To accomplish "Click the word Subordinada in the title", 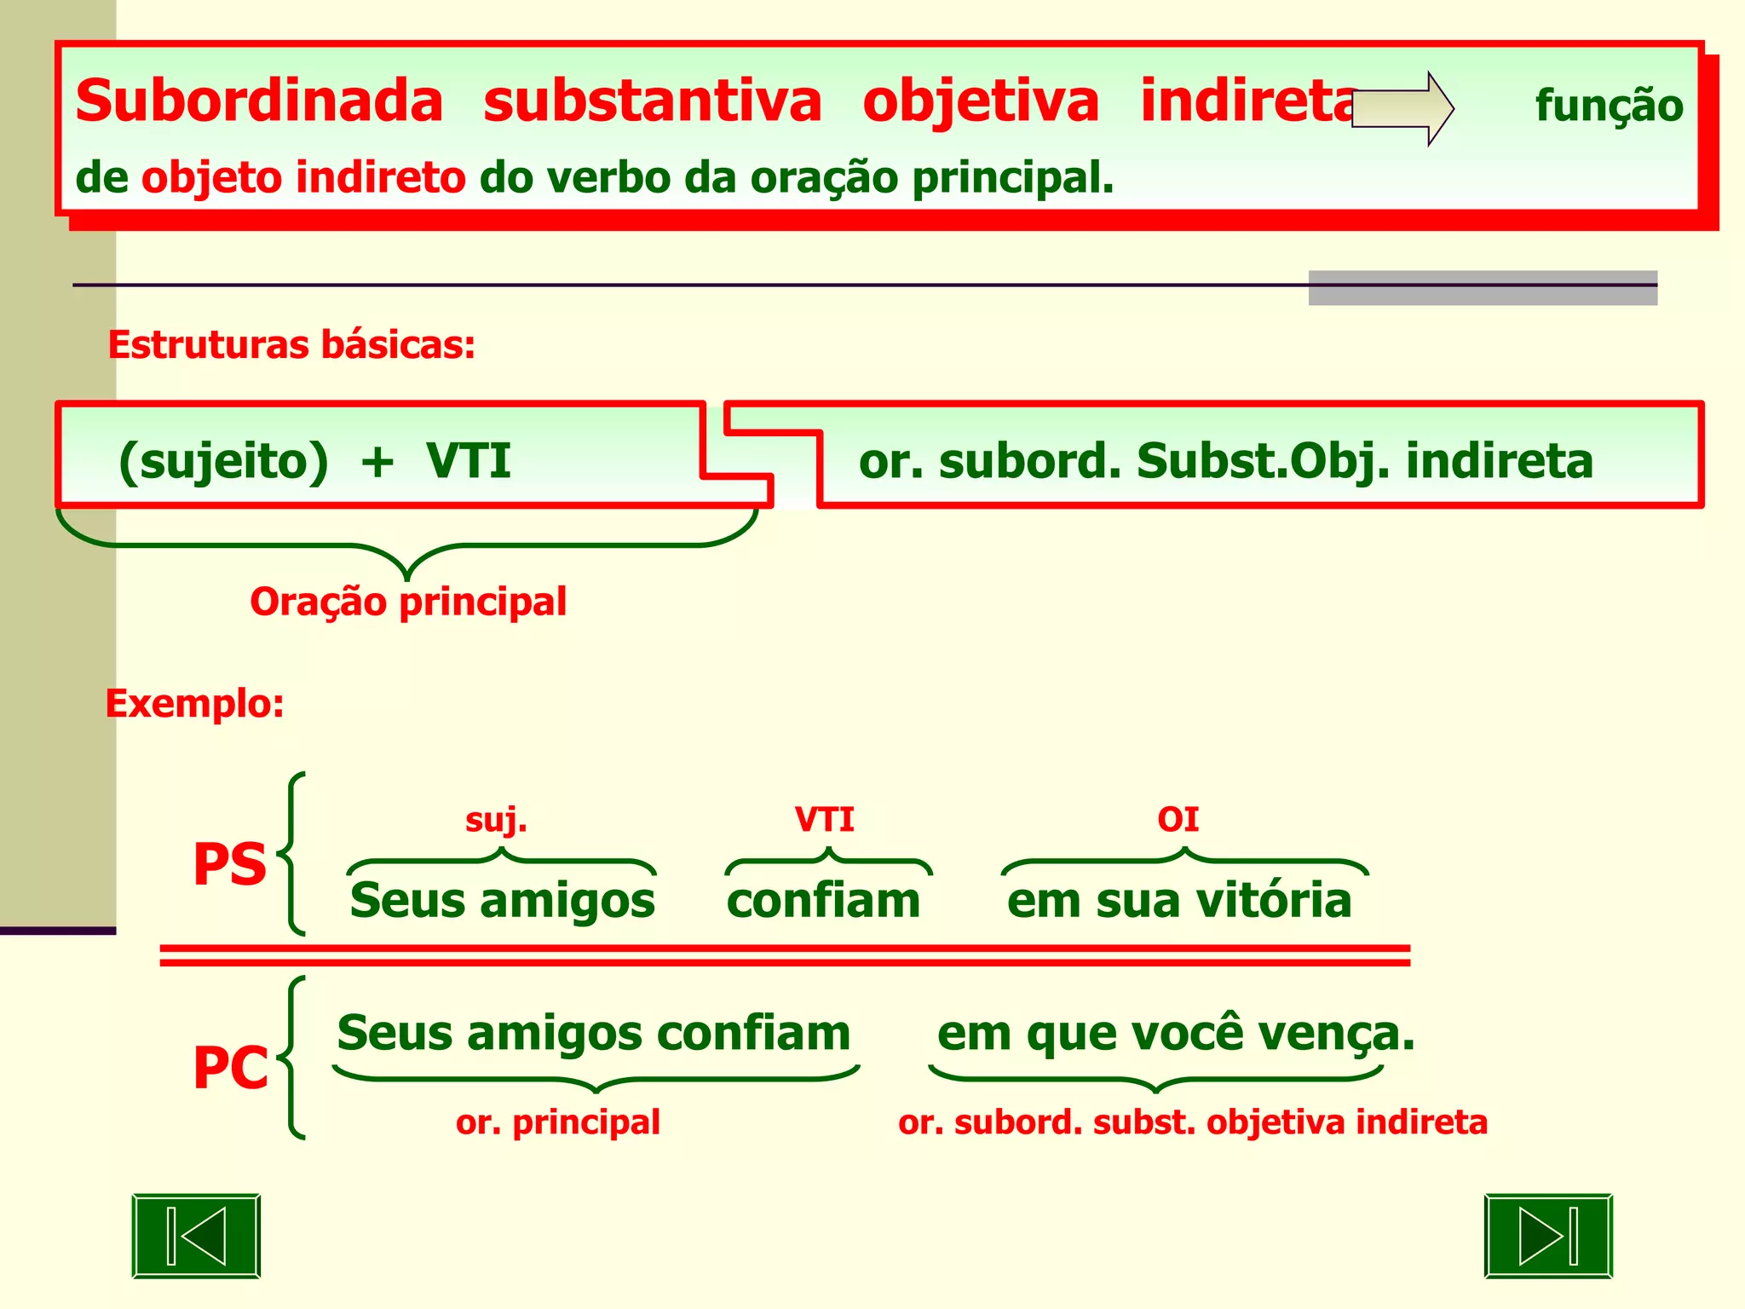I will click(259, 101).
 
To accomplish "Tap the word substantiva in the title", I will click(652, 101).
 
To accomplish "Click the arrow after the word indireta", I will click(1402, 108).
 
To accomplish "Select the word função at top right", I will click(1609, 107).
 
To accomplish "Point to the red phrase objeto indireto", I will click(303, 178).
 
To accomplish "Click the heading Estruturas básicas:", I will click(291, 345).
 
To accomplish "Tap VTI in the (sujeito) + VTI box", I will click(469, 461).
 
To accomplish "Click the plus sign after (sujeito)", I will click(377, 463).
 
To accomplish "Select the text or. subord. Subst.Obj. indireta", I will click(1225, 461).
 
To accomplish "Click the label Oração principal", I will click(408, 602).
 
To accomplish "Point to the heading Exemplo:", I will click(194, 704).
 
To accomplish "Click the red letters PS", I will click(230, 865).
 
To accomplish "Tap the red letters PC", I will click(230, 1068).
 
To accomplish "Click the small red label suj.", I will click(496, 820).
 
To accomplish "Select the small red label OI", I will click(1178, 820).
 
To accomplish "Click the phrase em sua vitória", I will click(1179, 901).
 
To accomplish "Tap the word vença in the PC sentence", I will click(1327, 1035).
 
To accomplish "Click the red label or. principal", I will click(558, 1122).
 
